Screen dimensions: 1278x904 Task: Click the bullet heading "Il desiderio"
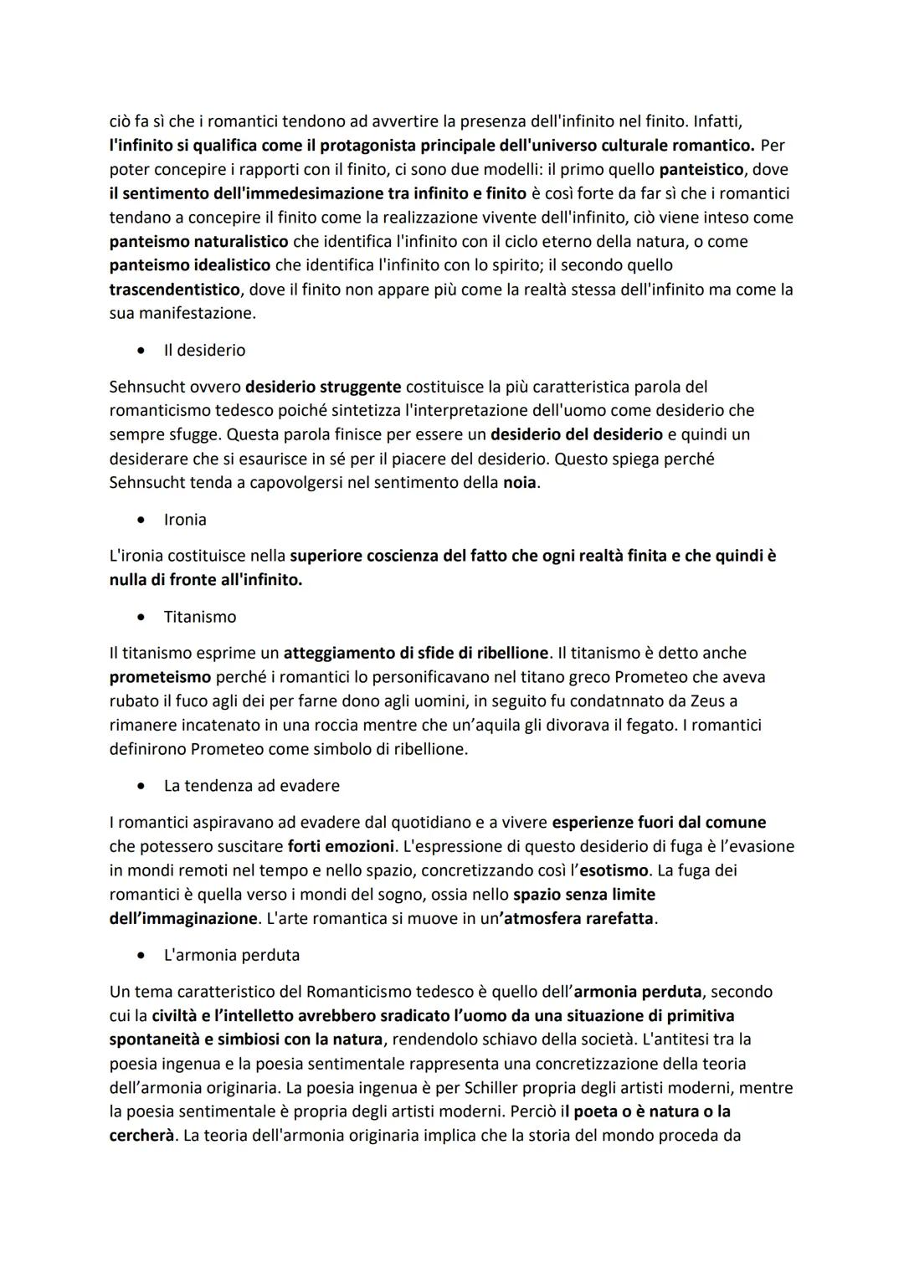(204, 351)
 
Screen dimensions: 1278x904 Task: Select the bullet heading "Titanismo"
(199, 617)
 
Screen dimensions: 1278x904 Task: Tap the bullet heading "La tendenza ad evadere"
(251, 786)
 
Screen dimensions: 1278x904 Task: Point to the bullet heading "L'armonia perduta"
(231, 955)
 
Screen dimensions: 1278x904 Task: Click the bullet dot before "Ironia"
(146, 521)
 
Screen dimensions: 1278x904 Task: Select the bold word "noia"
(519, 483)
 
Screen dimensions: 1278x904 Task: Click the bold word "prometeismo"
(160, 676)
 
